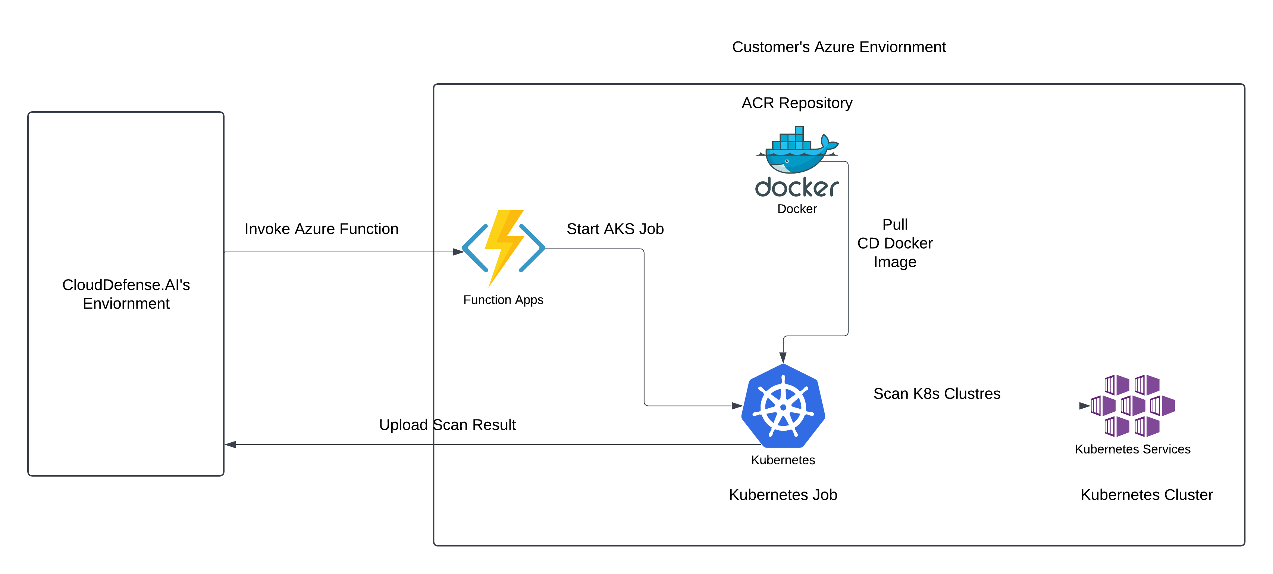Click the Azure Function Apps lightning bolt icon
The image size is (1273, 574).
click(503, 247)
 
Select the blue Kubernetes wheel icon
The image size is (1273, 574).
click(783, 406)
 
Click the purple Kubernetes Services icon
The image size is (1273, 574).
click(1132, 405)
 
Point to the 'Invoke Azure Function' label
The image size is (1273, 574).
click(321, 229)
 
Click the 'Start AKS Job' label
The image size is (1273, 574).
click(615, 229)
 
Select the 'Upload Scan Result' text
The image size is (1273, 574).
click(447, 425)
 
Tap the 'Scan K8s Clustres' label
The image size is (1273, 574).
click(937, 393)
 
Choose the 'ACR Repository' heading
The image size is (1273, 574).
click(797, 103)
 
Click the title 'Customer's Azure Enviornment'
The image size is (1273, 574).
click(838, 47)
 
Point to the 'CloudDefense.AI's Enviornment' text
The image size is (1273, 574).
click(126, 294)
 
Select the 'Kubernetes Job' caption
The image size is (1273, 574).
click(783, 495)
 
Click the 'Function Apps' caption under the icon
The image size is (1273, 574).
click(503, 300)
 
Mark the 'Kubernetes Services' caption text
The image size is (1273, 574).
click(1132, 449)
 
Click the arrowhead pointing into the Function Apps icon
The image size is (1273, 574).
click(458, 252)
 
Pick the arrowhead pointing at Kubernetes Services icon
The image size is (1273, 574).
click(1084, 406)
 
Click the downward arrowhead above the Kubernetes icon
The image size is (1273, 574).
click(783, 358)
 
